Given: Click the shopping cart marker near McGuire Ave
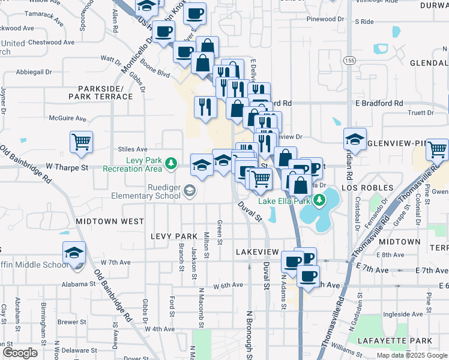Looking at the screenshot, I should [81, 142].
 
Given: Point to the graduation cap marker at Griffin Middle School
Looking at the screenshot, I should [74, 253].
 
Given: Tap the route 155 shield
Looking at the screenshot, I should [349, 60].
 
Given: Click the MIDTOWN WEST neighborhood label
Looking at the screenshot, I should [110, 221].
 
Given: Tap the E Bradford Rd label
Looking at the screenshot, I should [379, 103].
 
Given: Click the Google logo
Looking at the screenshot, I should [20, 353].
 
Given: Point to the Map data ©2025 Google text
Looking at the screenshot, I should [412, 355].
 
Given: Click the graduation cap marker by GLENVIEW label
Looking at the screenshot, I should [355, 139].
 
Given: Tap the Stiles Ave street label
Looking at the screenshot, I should [133, 149].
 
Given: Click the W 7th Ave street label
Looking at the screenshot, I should [116, 262].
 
